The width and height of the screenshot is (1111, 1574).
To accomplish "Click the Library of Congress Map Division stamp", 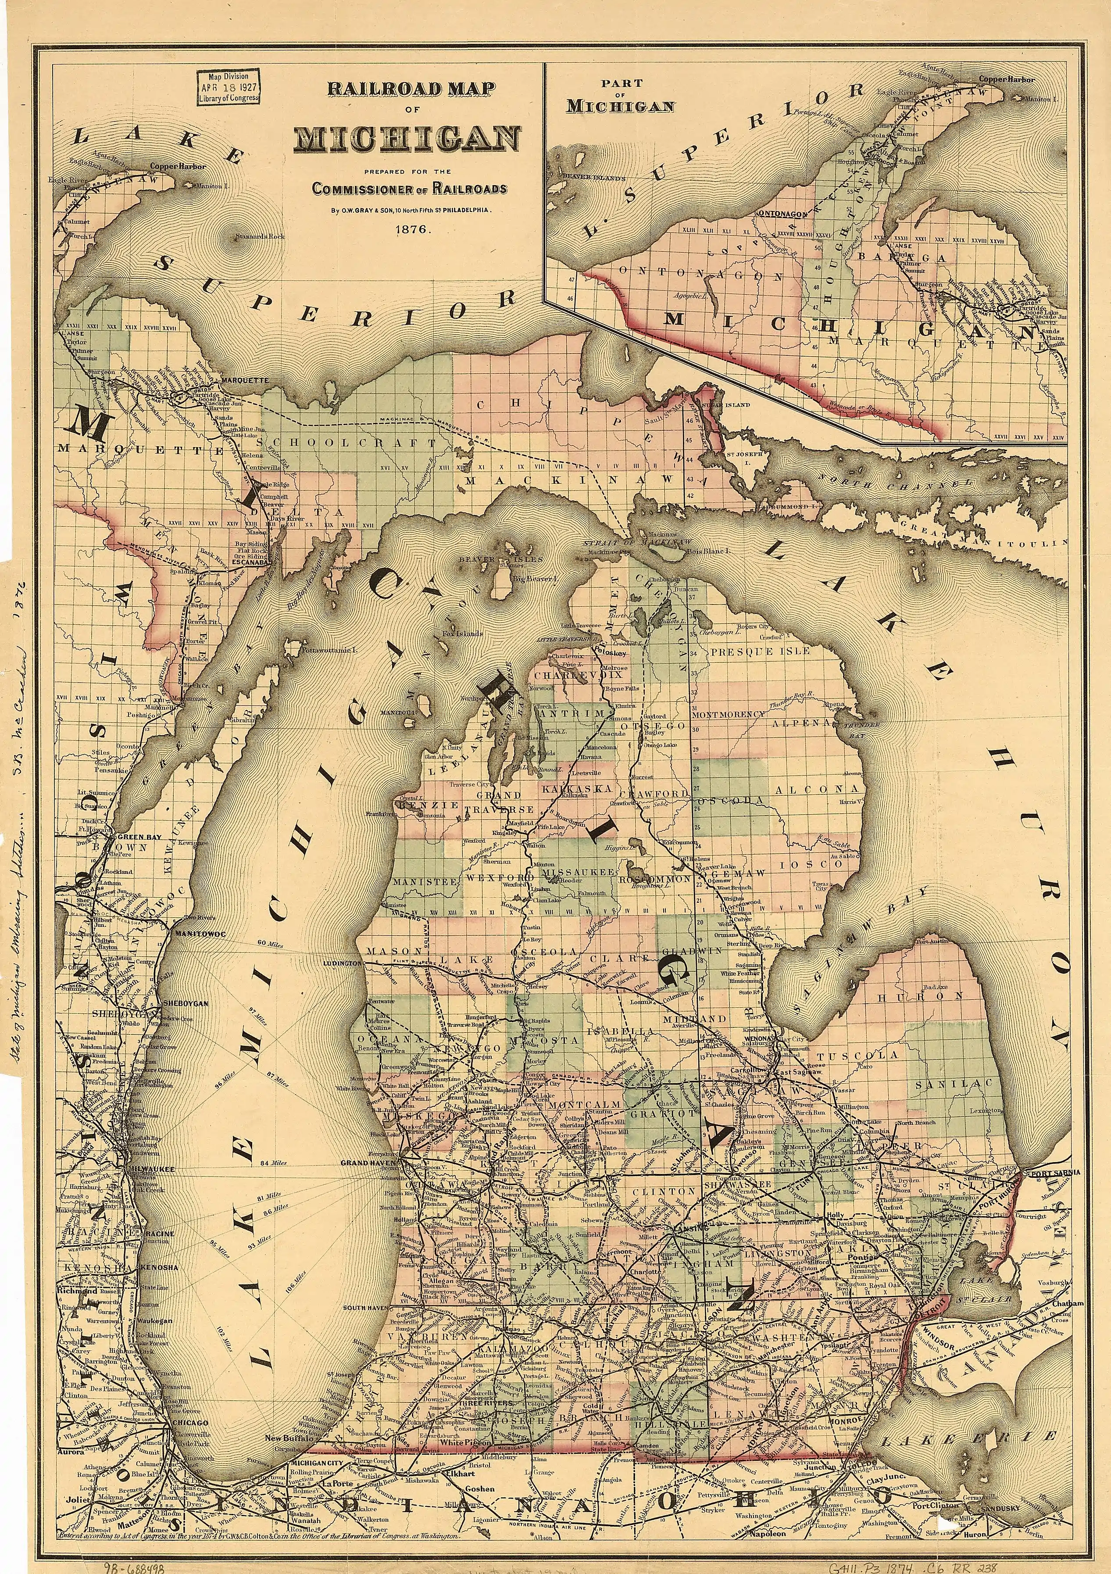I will coord(228,87).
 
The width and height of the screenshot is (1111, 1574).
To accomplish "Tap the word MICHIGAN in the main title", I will coord(407,139).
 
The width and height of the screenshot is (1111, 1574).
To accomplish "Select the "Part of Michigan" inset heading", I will coord(620,96).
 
